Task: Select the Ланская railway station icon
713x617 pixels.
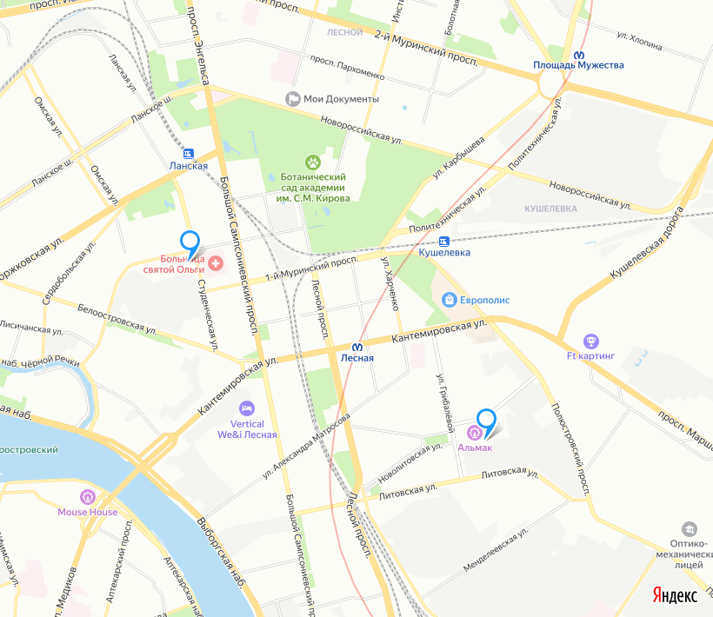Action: [x=189, y=153]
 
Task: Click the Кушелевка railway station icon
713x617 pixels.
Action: [x=444, y=241]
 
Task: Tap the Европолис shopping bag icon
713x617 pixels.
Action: [x=449, y=300]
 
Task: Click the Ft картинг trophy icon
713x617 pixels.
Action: [x=590, y=342]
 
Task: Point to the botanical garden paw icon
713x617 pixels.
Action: [x=313, y=162]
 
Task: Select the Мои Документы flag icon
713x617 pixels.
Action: [x=293, y=99]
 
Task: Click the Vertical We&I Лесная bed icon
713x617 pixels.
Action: [x=247, y=408]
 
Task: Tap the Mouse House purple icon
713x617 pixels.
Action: [x=87, y=497]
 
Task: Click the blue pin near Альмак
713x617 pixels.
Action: [x=487, y=421]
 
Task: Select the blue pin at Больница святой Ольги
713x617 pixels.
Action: [x=190, y=242]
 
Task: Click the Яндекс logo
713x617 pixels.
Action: [x=675, y=595]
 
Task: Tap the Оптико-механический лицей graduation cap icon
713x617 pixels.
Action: [x=689, y=528]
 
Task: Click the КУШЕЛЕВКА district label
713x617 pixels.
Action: [x=551, y=209]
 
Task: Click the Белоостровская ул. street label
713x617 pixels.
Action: [x=116, y=320]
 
